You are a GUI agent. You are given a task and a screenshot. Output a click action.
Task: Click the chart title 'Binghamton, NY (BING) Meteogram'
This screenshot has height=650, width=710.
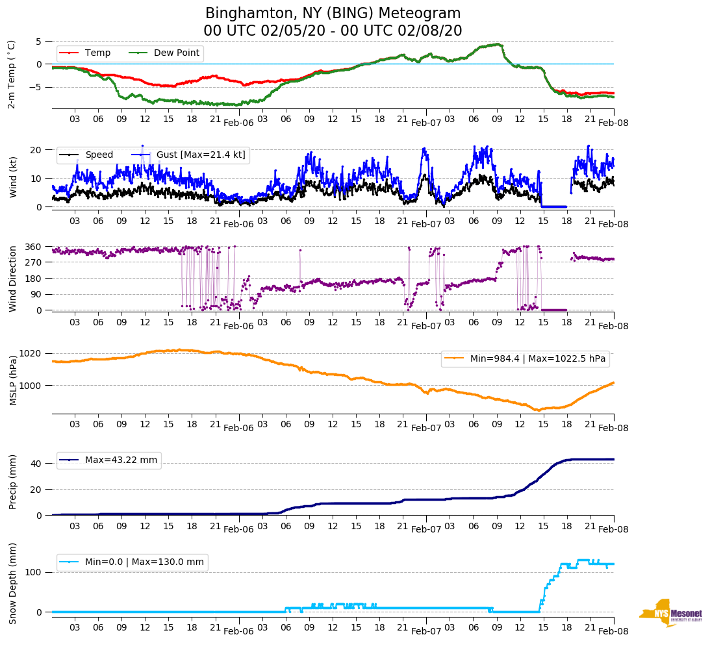pos(333,14)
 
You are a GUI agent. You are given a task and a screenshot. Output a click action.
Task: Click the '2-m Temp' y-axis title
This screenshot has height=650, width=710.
pos(12,74)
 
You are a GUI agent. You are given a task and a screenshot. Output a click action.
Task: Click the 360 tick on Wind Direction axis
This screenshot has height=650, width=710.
pos(34,247)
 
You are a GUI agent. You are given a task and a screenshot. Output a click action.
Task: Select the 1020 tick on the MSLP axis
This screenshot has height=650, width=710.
pos(31,353)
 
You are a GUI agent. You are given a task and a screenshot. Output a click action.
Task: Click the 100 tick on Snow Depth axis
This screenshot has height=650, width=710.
pos(34,572)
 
